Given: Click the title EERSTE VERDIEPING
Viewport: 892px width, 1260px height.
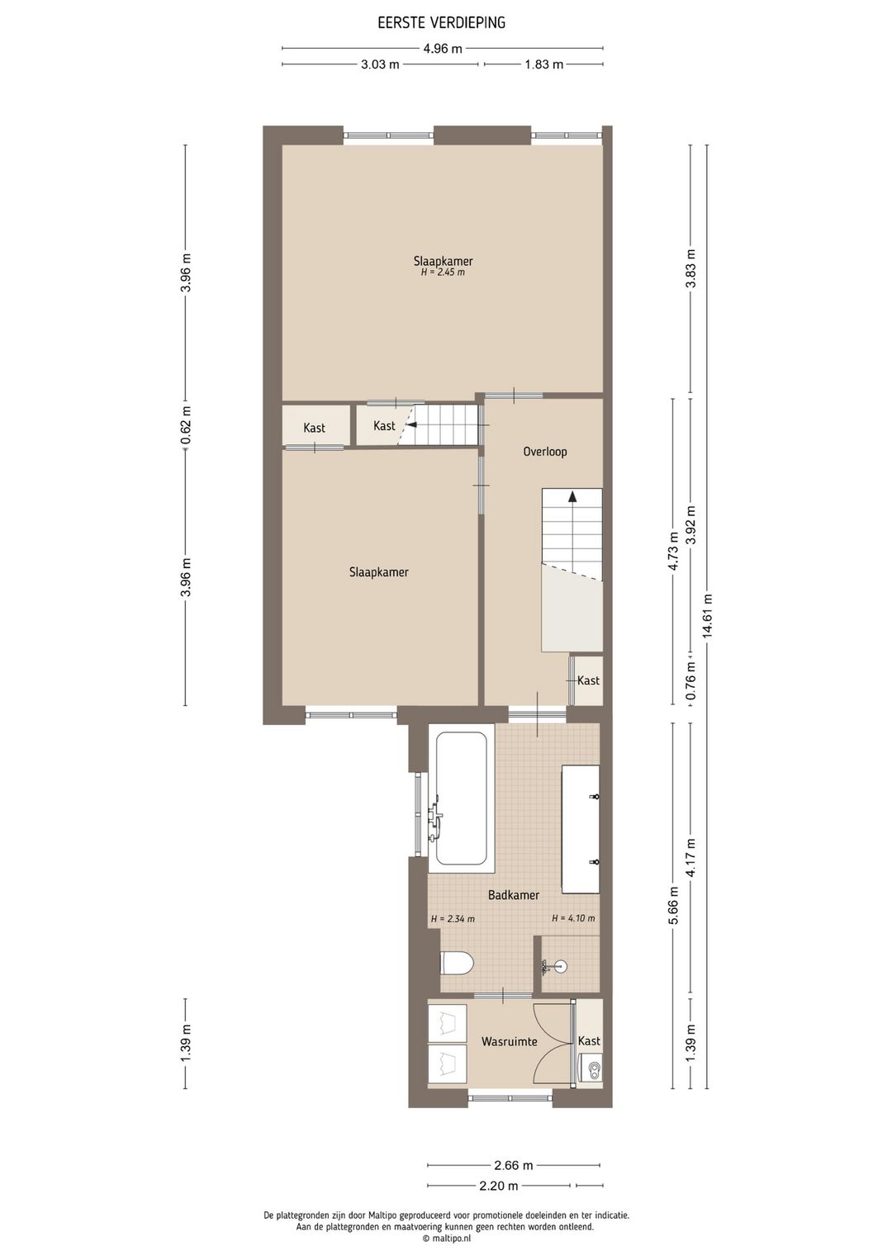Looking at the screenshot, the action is (x=441, y=22).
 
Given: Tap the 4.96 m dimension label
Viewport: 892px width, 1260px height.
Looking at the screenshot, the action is (x=443, y=49).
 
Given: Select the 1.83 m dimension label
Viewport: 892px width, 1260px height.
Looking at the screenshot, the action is (x=543, y=64).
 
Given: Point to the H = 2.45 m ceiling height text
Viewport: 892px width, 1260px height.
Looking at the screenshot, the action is (x=443, y=272).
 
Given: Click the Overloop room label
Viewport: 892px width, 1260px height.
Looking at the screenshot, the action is (x=545, y=452).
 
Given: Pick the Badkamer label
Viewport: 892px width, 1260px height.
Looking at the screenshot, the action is (x=513, y=895).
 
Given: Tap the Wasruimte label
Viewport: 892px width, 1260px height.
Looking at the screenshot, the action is (x=509, y=1042).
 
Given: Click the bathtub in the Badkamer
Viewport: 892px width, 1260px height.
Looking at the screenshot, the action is (x=461, y=798).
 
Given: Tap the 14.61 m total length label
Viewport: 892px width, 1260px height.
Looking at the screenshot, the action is (x=708, y=615).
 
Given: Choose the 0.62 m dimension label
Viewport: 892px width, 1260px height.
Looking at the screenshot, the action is (x=187, y=424).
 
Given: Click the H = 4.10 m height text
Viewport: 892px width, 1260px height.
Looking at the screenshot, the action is (x=573, y=918).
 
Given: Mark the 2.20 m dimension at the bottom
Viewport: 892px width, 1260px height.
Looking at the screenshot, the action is (x=498, y=1187).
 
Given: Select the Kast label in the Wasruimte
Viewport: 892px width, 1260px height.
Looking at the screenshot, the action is (x=589, y=1041).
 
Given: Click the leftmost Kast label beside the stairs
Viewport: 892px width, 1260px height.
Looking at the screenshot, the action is (x=314, y=428).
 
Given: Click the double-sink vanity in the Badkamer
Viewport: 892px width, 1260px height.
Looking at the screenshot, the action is (x=581, y=829).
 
